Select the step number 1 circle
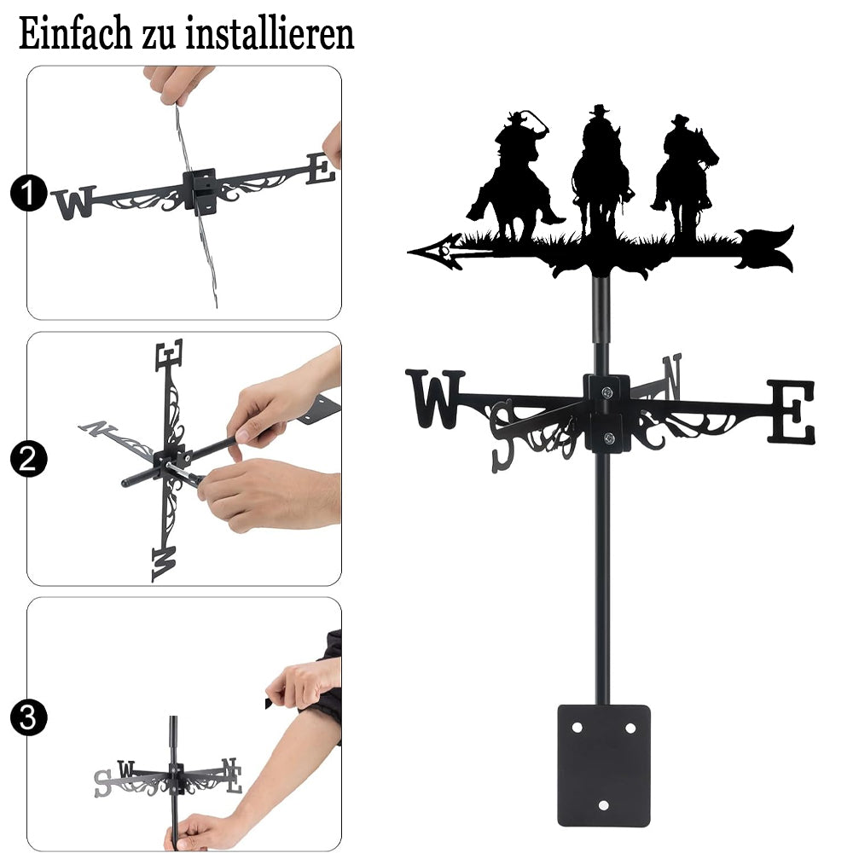pyautogui.click(x=28, y=192)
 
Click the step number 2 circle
pyautogui.click(x=28, y=459)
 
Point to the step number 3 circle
pyautogui.click(x=28, y=717)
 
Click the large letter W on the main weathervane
pyautogui.click(x=435, y=398)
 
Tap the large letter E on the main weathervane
pyautogui.click(x=792, y=411)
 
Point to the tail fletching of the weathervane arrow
pyautogui.click(x=764, y=248)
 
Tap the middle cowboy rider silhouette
pyautogui.click(x=601, y=169)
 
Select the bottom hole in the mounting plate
pyautogui.click(x=603, y=805)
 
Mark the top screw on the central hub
pyautogui.click(x=607, y=392)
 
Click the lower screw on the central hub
pyautogui.click(x=609, y=438)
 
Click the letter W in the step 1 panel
pyautogui.click(x=73, y=202)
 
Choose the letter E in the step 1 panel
pyautogui.click(x=321, y=169)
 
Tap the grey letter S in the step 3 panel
pyautogui.click(x=102, y=784)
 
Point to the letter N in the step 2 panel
pyautogui.click(x=98, y=428)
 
